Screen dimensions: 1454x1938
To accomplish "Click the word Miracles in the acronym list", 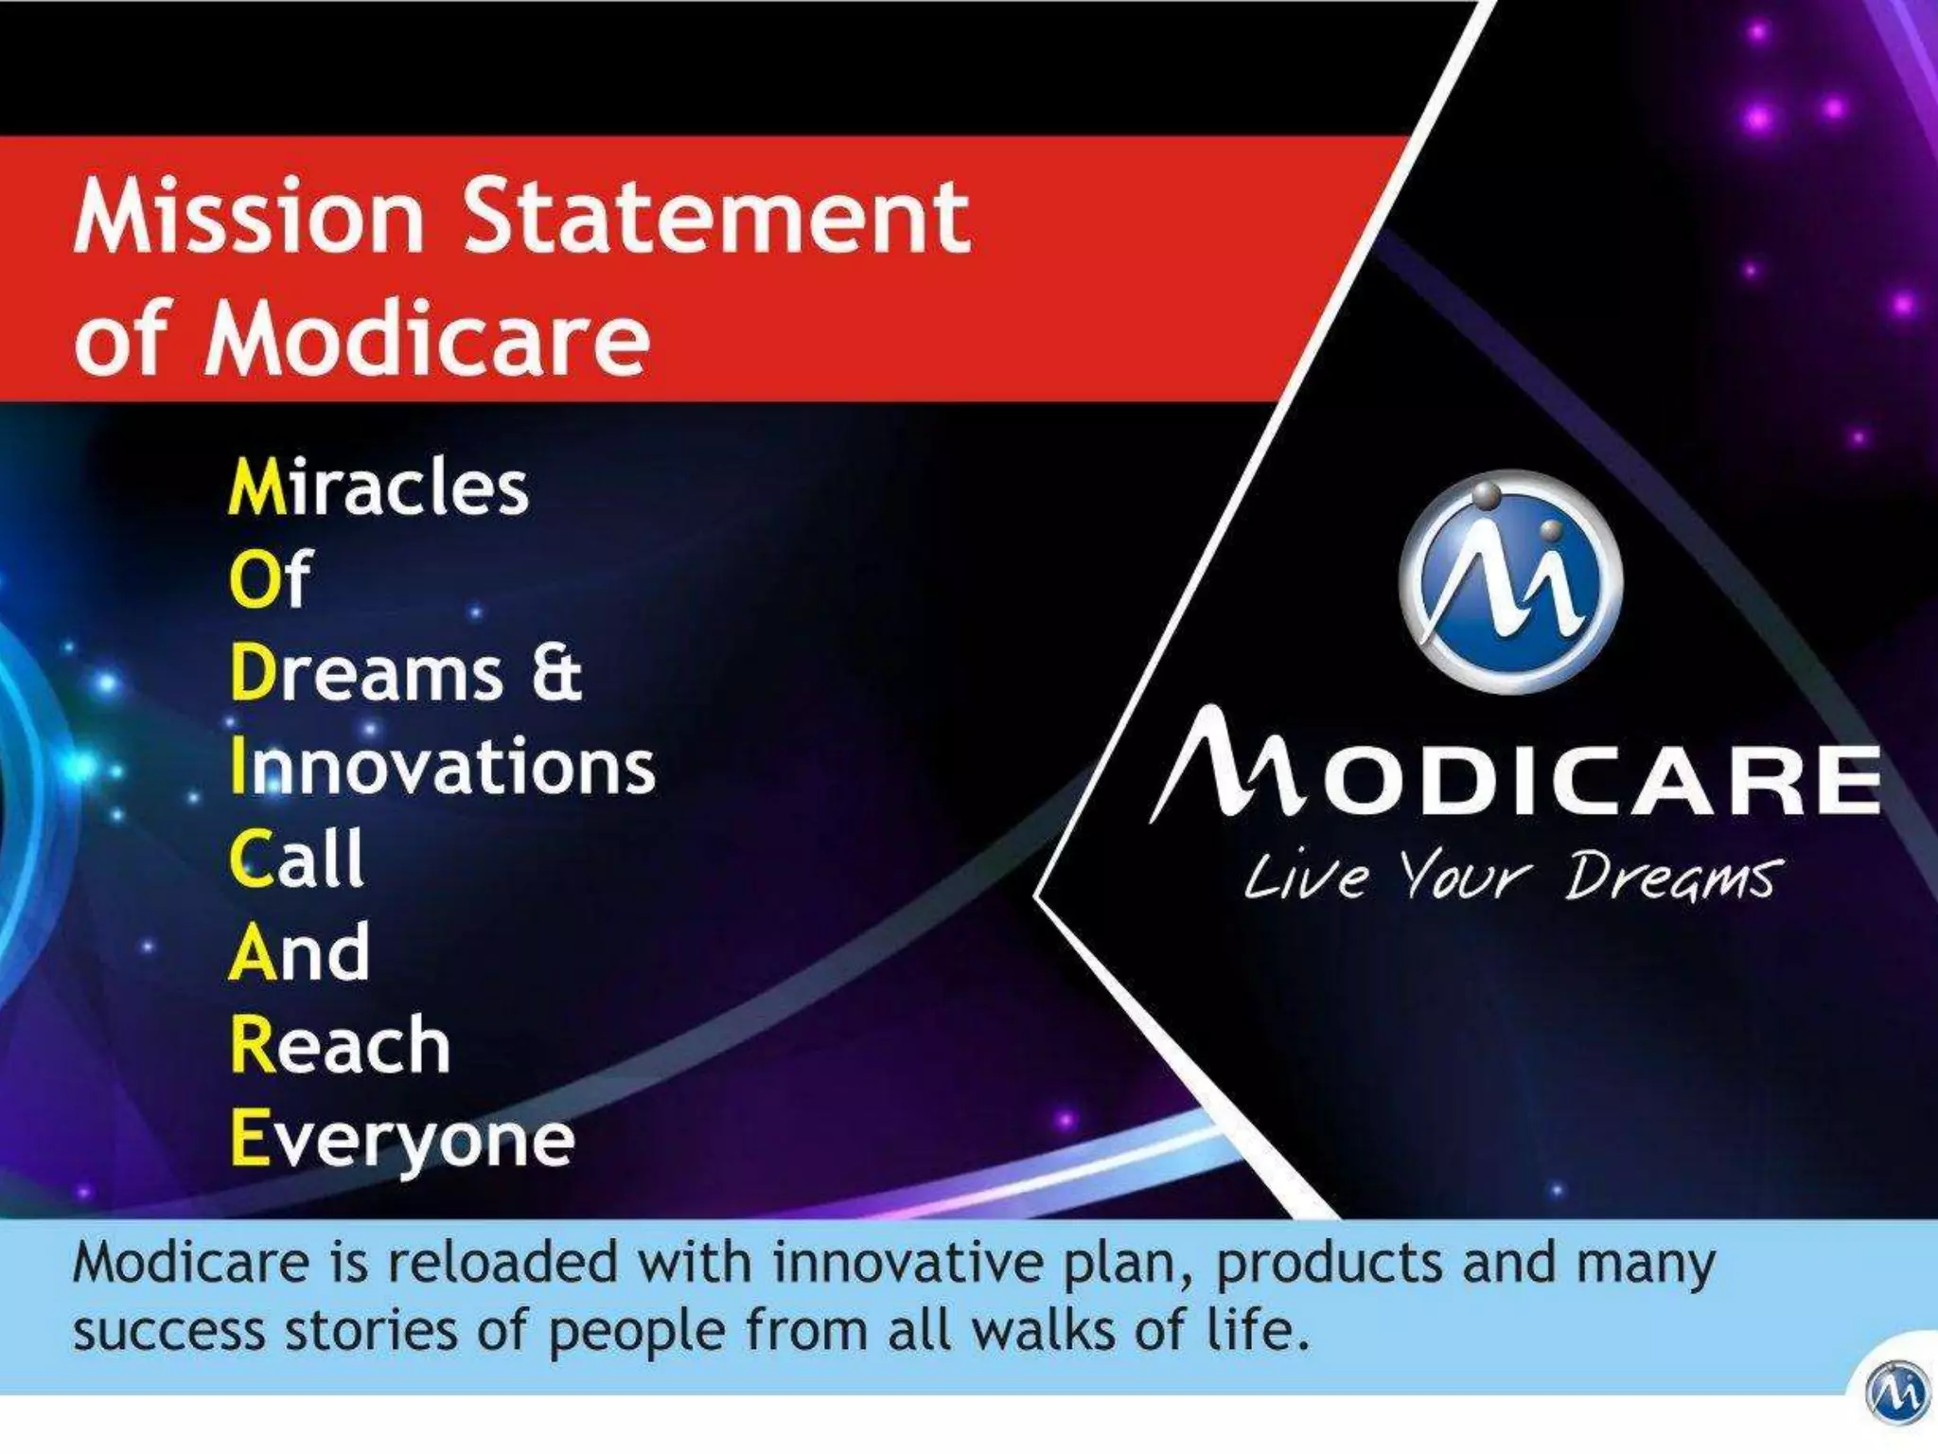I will (x=379, y=488).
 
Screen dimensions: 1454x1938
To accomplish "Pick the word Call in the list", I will (x=296, y=858).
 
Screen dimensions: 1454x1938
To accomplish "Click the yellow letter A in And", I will (x=250, y=952).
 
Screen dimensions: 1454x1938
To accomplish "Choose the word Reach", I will (x=340, y=1045).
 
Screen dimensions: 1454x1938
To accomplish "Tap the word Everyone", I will (x=402, y=1140).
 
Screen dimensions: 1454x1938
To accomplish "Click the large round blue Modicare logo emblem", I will (x=1511, y=581).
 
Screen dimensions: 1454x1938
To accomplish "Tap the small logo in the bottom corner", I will (x=1896, y=1392).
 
